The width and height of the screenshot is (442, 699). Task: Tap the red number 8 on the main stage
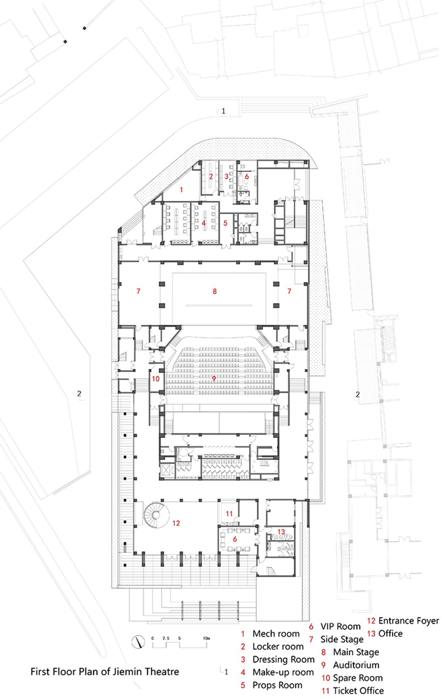point(214,291)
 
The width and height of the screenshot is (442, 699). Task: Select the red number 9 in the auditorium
point(214,379)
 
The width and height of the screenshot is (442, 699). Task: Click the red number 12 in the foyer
point(176,523)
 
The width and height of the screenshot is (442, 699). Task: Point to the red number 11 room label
point(229,513)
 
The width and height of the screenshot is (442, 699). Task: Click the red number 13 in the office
point(281,532)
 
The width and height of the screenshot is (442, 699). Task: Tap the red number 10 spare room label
point(156,379)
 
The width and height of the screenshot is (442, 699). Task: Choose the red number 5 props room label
point(225,223)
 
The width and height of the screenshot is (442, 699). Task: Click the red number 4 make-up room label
point(203,223)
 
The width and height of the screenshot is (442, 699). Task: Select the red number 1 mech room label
point(181,190)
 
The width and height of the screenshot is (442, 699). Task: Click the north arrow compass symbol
point(138,641)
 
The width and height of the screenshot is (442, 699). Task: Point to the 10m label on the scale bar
point(206,638)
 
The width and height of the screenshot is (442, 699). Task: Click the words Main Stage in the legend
point(356,652)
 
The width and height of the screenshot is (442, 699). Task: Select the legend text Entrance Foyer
point(408,621)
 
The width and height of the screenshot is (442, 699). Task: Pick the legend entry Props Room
point(277,685)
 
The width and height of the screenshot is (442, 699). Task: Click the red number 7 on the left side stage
point(138,291)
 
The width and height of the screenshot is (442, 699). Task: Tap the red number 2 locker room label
point(211,177)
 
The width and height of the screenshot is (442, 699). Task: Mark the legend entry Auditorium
point(356,665)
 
